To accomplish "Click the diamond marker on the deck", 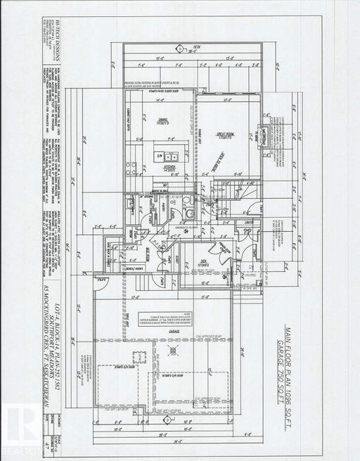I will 181,48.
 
